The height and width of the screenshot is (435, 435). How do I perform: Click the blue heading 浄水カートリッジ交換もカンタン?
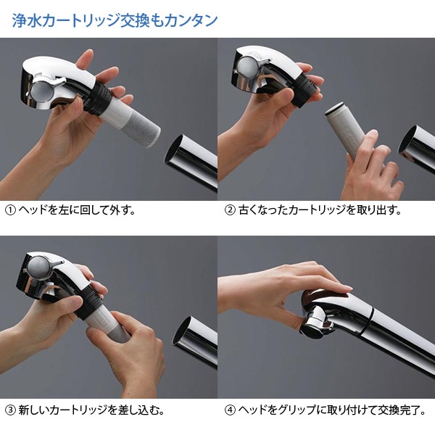tap(115, 20)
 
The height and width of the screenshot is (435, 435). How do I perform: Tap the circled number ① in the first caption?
tap(10, 211)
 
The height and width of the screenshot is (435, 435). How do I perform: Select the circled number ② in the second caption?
tap(231, 211)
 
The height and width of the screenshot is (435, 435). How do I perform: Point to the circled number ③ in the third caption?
tap(10, 410)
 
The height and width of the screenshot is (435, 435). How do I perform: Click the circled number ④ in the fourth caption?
tap(231, 410)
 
